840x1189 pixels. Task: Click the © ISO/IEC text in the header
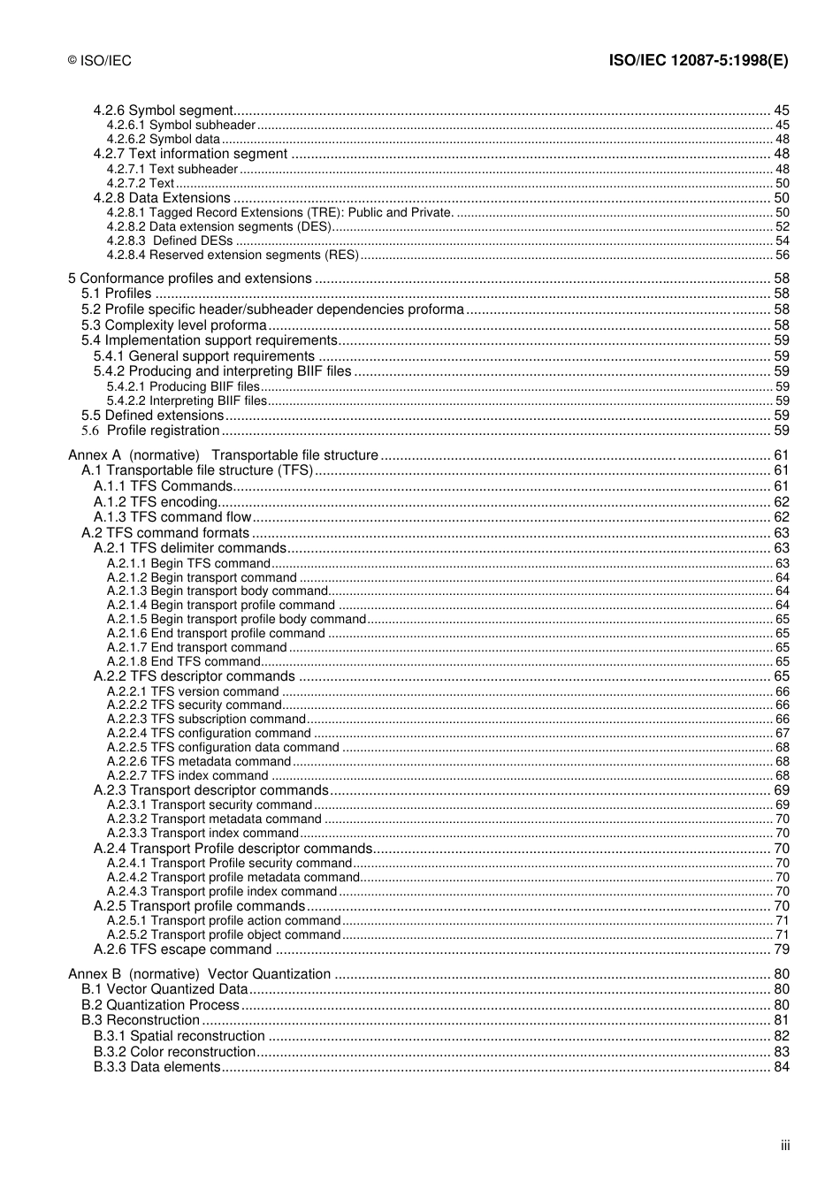point(100,61)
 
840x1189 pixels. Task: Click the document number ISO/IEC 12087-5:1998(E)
point(699,61)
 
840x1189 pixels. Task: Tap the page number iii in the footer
point(784,1146)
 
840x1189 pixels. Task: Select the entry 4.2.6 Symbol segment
point(163,111)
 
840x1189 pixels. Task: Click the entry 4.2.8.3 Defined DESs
point(170,240)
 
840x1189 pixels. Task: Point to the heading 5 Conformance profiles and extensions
point(190,278)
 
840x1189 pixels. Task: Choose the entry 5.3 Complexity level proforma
point(174,325)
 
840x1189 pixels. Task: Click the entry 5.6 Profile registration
point(150,431)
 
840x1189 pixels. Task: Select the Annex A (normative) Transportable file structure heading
point(223,455)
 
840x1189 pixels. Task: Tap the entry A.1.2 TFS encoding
point(156,502)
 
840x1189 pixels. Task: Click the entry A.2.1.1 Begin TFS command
point(188,563)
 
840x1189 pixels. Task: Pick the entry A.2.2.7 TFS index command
point(187,775)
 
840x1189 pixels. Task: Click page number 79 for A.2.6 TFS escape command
point(781,949)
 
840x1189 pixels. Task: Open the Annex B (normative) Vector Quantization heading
point(199,974)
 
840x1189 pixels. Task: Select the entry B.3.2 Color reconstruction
point(174,1052)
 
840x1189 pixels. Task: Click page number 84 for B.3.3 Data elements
point(781,1067)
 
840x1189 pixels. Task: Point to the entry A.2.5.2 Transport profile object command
point(224,934)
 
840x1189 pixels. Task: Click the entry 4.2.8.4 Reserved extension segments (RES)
point(233,255)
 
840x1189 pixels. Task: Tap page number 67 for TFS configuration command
point(782,733)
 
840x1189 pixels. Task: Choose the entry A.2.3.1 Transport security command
point(210,804)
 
